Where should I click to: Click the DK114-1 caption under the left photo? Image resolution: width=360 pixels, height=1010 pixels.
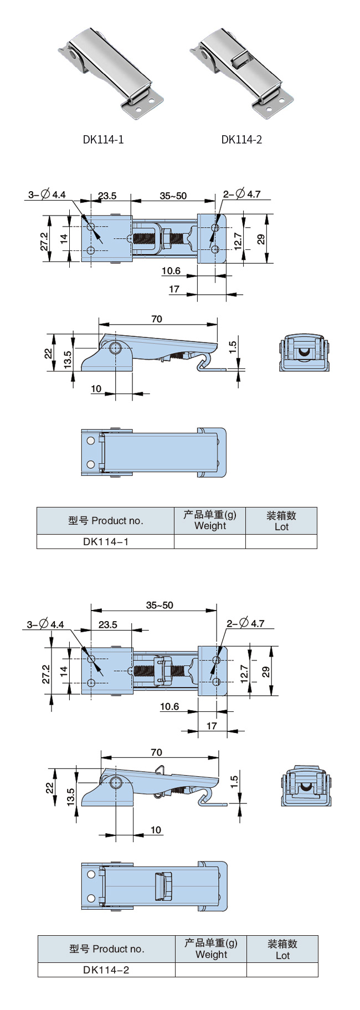[103, 140]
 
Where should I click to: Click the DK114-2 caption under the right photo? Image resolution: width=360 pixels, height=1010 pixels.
[241, 140]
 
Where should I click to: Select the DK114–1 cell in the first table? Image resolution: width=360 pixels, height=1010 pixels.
[105, 542]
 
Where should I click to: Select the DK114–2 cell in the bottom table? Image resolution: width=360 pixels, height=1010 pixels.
[106, 970]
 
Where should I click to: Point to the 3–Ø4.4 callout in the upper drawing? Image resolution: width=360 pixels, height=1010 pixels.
[47, 194]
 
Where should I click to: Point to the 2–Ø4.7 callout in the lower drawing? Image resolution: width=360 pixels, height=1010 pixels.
[245, 624]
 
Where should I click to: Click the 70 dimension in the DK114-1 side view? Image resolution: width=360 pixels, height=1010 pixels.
[157, 319]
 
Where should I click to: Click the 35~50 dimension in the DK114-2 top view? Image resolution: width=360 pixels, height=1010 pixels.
[160, 606]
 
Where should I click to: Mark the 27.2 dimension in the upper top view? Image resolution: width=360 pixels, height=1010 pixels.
[44, 242]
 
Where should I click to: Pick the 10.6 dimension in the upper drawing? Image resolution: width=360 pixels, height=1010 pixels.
[171, 271]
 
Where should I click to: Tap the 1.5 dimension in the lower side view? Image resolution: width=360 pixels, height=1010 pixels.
[234, 782]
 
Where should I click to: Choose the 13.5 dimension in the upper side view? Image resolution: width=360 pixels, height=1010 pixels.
[68, 360]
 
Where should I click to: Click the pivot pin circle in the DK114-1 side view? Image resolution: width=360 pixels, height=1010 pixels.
[116, 348]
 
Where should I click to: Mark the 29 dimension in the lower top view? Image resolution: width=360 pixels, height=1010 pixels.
[266, 671]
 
